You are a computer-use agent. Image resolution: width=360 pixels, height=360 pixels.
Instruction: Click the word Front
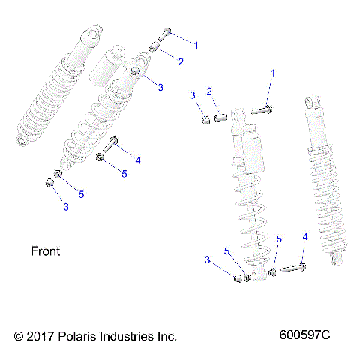point(45,250)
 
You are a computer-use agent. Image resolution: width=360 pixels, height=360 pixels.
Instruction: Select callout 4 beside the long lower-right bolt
point(304,237)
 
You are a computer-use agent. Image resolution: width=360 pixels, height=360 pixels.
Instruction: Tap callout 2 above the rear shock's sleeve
point(211,91)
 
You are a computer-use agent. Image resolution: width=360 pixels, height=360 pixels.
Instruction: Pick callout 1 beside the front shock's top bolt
point(196,45)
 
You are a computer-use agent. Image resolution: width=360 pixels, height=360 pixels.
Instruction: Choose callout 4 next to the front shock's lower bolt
point(138,159)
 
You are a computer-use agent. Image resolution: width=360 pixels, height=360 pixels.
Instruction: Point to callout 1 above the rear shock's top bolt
point(273,73)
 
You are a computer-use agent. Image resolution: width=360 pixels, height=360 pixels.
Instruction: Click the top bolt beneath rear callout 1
point(262,110)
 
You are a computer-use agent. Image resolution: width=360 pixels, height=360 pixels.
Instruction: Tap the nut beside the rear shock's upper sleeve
point(203,119)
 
